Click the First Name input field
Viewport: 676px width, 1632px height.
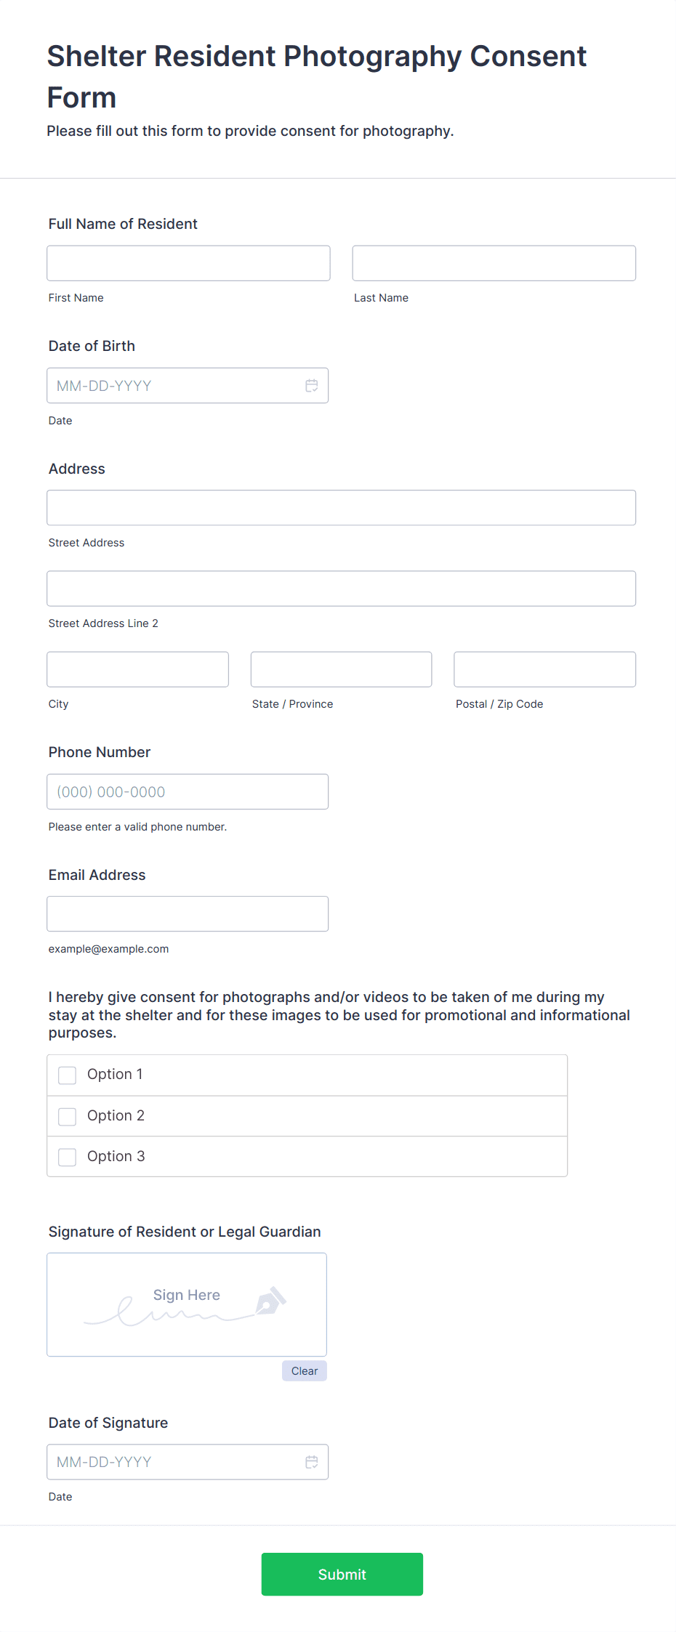pyautogui.click(x=188, y=263)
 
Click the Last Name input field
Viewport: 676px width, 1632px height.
pyautogui.click(x=494, y=263)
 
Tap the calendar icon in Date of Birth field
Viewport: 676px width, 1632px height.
pyautogui.click(x=311, y=386)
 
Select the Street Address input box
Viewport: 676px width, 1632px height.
pyautogui.click(x=341, y=508)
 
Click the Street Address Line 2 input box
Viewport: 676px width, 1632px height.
pyautogui.click(x=341, y=589)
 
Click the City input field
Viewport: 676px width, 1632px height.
pyautogui.click(x=137, y=669)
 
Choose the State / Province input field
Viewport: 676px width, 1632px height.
pyautogui.click(x=341, y=669)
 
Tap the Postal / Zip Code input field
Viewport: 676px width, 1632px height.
pyautogui.click(x=544, y=669)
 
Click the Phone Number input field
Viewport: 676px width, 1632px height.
pyautogui.click(x=188, y=792)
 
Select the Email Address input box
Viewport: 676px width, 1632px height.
pyautogui.click(x=188, y=914)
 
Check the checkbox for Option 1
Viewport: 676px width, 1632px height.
pyautogui.click(x=68, y=1075)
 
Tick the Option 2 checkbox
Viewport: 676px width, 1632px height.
pyautogui.click(x=68, y=1117)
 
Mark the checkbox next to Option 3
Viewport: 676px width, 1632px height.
pyautogui.click(x=68, y=1157)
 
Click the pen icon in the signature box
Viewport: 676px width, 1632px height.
pyautogui.click(x=270, y=1301)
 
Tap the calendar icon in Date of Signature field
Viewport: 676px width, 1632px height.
pyautogui.click(x=311, y=1462)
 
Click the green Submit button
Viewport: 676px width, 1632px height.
pyautogui.click(x=342, y=1575)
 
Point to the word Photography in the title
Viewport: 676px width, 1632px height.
pyautogui.click(x=372, y=57)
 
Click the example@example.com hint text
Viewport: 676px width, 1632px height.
pyautogui.click(x=108, y=949)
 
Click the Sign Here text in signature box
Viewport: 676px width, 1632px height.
pyautogui.click(x=186, y=1295)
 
